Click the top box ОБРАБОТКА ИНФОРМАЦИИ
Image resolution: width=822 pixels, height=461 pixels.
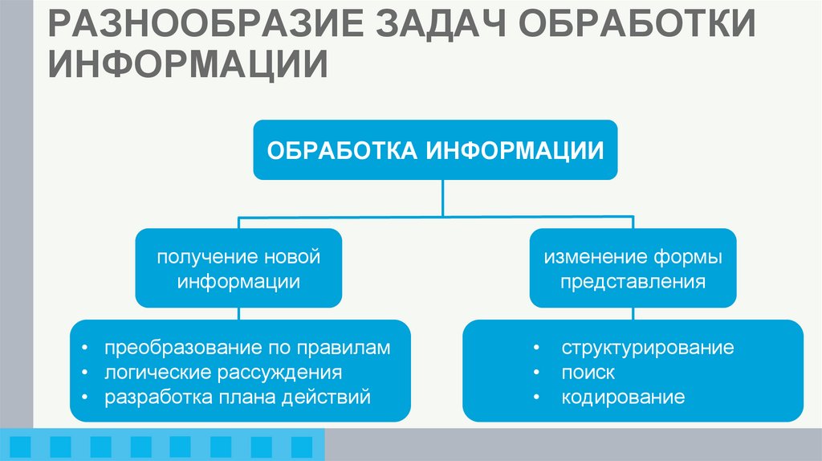pyautogui.click(x=435, y=150)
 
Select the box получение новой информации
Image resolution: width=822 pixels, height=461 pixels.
pyautogui.click(x=238, y=269)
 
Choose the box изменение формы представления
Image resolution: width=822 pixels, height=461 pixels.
pyautogui.click(x=633, y=269)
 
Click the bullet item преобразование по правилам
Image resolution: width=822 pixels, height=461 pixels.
pyautogui.click(x=246, y=349)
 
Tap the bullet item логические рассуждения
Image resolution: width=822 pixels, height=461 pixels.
pyautogui.click(x=223, y=373)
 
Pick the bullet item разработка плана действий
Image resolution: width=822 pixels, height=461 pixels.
pyautogui.click(x=237, y=397)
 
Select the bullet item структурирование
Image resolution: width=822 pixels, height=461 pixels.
pyautogui.click(x=647, y=349)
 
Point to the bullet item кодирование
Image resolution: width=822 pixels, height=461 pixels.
pyautogui.click(x=623, y=397)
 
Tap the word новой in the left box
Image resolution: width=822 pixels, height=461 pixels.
pyautogui.click(x=292, y=258)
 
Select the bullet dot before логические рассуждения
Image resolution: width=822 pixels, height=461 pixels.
pyautogui.click(x=85, y=373)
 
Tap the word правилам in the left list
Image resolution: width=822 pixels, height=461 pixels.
pyautogui.click(x=351, y=349)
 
